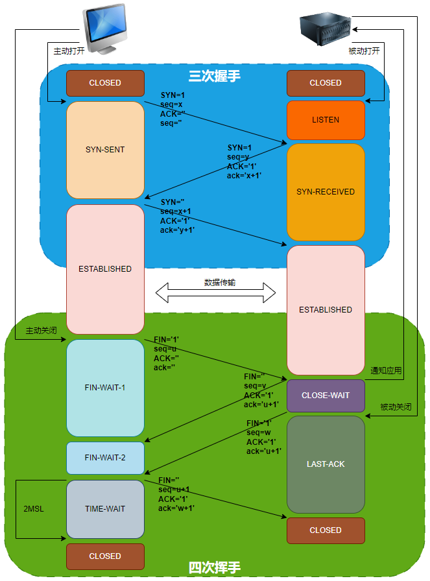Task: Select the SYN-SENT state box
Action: click(105, 150)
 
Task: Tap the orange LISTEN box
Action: click(326, 120)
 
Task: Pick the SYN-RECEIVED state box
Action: click(326, 192)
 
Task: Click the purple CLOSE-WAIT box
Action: click(326, 396)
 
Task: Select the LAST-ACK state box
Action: click(326, 464)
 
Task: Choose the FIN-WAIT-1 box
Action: click(105, 388)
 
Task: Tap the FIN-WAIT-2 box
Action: click(105, 458)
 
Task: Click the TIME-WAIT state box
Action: click(105, 509)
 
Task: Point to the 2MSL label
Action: click(33, 508)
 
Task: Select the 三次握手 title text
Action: click(215, 76)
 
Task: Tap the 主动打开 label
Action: click(69, 51)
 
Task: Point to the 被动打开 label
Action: click(364, 51)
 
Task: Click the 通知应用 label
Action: click(386, 372)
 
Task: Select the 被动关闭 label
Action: click(396, 407)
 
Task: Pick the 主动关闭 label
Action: click(42, 331)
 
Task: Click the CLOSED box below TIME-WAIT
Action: click(105, 556)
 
